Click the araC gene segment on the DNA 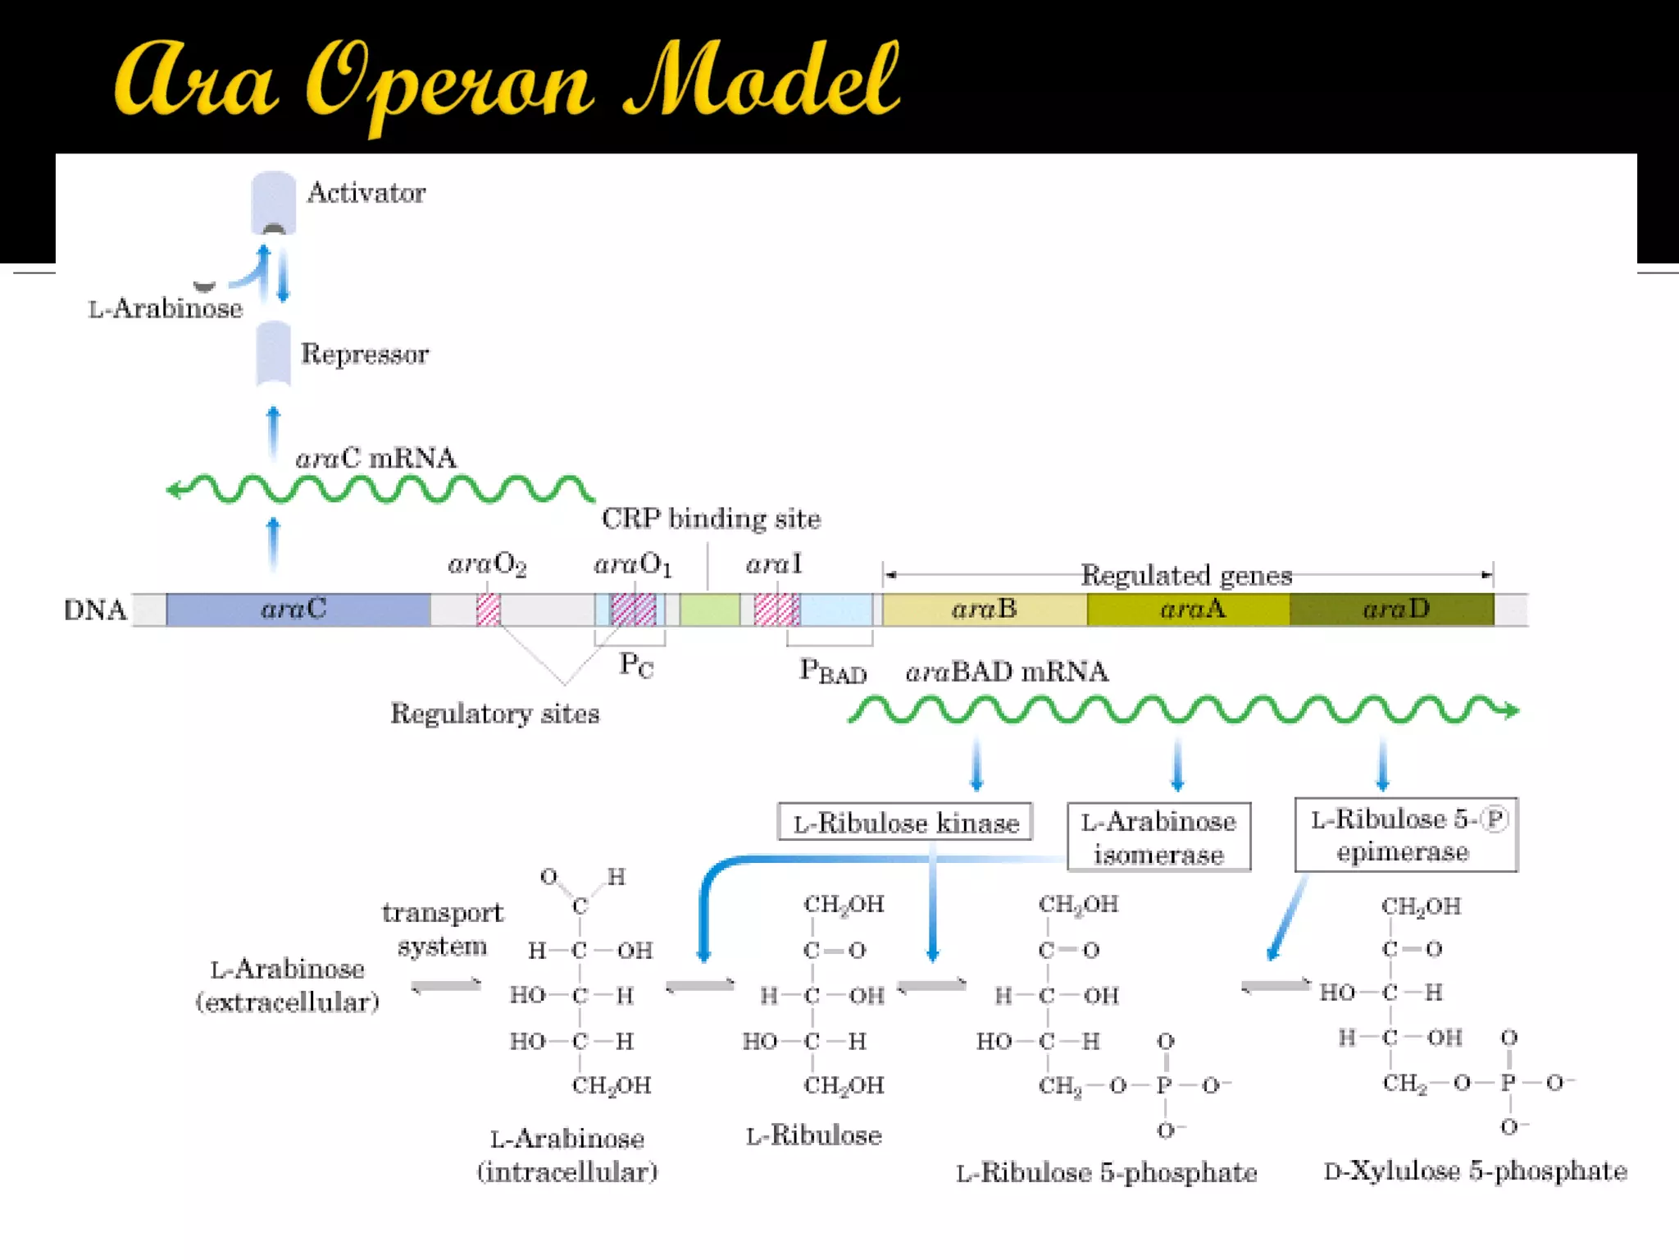(x=297, y=609)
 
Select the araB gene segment (x=984, y=609)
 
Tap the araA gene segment (x=1189, y=609)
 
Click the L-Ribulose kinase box (x=904, y=822)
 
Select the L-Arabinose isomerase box (x=1158, y=837)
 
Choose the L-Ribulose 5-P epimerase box (x=1406, y=835)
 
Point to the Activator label (x=366, y=193)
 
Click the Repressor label (x=364, y=354)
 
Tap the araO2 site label (x=487, y=564)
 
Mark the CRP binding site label (x=711, y=518)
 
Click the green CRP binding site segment (x=710, y=609)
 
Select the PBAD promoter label (x=832, y=671)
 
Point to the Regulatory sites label (x=494, y=714)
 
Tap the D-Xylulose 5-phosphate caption (x=1475, y=1171)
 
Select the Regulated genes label (x=1185, y=575)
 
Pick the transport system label (x=443, y=929)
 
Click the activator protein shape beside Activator (x=273, y=203)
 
